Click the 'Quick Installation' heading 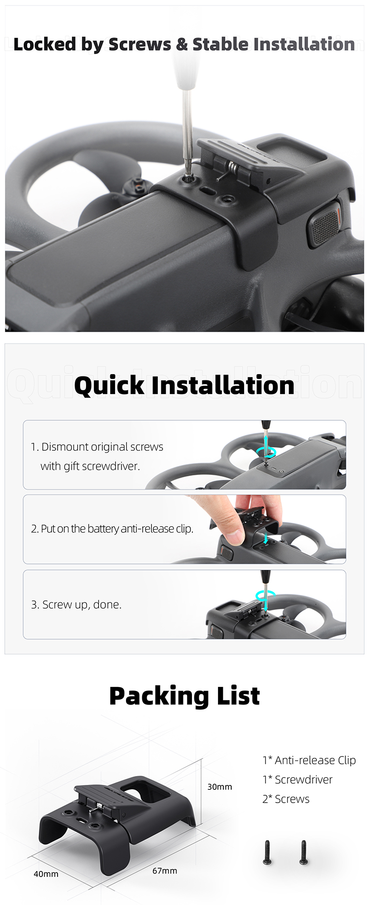(184, 385)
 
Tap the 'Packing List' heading (184, 696)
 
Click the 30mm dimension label (219, 787)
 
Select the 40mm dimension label (46, 874)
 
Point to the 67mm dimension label (165, 871)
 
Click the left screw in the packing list (267, 852)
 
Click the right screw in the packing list (304, 852)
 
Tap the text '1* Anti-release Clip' (309, 760)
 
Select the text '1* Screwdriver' (297, 780)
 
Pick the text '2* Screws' (286, 799)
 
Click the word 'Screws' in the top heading (140, 44)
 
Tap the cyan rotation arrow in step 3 (265, 596)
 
